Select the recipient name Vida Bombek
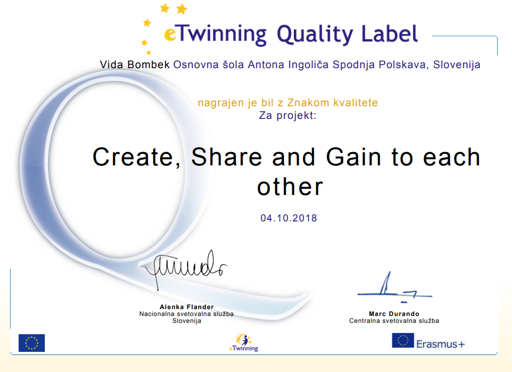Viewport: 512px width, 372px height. (x=135, y=64)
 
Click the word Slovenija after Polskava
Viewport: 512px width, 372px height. (x=457, y=65)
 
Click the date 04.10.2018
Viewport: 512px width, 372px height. (x=288, y=218)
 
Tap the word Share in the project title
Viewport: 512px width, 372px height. (x=226, y=157)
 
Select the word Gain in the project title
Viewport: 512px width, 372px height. (x=353, y=157)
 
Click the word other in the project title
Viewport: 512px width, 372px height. (x=290, y=187)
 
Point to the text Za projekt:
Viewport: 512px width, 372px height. (x=287, y=115)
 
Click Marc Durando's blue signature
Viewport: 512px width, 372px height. (x=395, y=287)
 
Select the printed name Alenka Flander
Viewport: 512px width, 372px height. (x=187, y=307)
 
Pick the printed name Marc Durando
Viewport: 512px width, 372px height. (x=394, y=314)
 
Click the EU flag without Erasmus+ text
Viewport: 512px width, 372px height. (x=32, y=343)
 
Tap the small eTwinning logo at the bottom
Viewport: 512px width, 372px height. (x=244, y=342)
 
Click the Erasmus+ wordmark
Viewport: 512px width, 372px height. (x=441, y=344)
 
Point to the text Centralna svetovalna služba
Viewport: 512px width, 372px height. (x=394, y=321)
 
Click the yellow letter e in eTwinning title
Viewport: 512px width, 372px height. (x=170, y=34)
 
